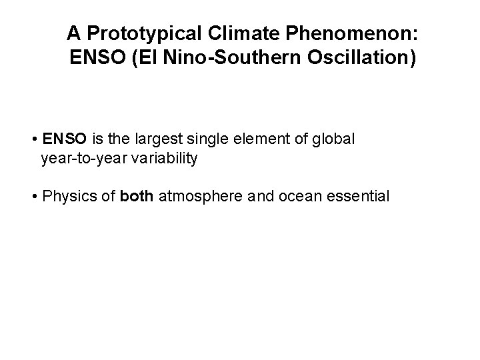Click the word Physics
tap(64, 197)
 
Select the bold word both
tap(137, 197)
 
